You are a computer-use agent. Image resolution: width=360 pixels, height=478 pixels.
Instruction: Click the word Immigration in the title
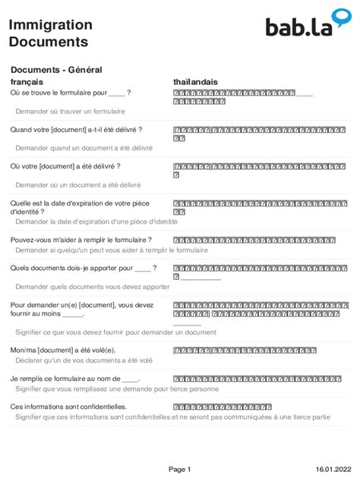coord(45,25)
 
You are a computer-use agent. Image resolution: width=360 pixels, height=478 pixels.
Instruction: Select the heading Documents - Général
coord(56,70)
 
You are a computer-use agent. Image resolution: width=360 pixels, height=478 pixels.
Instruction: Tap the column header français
coord(27,81)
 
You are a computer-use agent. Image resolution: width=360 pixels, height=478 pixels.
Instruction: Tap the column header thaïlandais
coord(195,81)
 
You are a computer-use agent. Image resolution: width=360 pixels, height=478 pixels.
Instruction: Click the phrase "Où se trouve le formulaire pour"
coord(58,93)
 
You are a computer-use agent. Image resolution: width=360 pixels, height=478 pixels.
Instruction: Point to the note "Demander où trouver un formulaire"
coord(70,112)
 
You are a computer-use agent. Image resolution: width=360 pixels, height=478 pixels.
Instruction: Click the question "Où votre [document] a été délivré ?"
coord(65,166)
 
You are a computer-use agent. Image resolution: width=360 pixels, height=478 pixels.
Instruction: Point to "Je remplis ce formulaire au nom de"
coord(65,378)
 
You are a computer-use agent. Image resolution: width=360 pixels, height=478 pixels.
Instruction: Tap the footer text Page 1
coord(179,469)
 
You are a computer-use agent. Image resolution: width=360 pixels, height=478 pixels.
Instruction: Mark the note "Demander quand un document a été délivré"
coord(84,148)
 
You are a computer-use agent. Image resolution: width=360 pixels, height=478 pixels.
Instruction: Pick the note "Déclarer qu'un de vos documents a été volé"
coord(84,360)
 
